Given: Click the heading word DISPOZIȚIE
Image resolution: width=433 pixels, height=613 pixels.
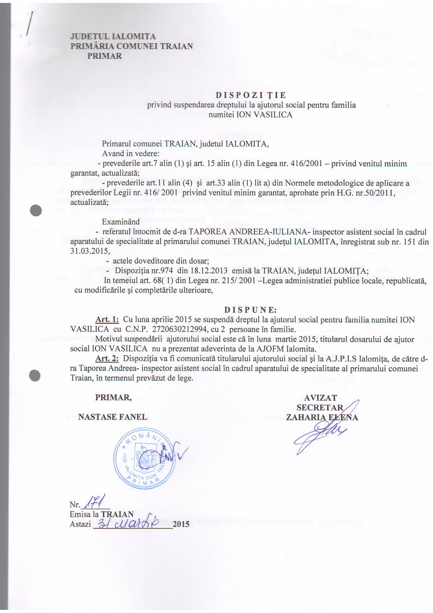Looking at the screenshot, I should pyautogui.click(x=251, y=95).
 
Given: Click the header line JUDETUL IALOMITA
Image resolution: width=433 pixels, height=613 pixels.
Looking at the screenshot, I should pyautogui.click(x=113, y=37).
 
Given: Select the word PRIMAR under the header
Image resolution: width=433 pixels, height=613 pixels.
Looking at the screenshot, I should pyautogui.click(x=104, y=56).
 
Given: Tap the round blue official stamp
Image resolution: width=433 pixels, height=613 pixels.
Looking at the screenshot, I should pyautogui.click(x=145, y=459).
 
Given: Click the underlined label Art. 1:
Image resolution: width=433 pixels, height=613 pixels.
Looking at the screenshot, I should pyautogui.click(x=107, y=320).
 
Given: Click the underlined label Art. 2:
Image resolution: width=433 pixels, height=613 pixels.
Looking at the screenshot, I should pyautogui.click(x=107, y=359).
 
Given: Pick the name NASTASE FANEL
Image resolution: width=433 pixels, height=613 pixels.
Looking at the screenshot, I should pyautogui.click(x=113, y=417).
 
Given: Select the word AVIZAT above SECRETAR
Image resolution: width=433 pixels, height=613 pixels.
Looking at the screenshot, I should pyautogui.click(x=320, y=398).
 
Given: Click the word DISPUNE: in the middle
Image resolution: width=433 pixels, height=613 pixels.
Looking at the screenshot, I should pyautogui.click(x=250, y=309).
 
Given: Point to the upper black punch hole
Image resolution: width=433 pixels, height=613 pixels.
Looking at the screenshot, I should pyautogui.click(x=36, y=210).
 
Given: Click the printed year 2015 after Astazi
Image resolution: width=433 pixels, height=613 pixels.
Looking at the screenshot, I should pyautogui.click(x=181, y=524).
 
